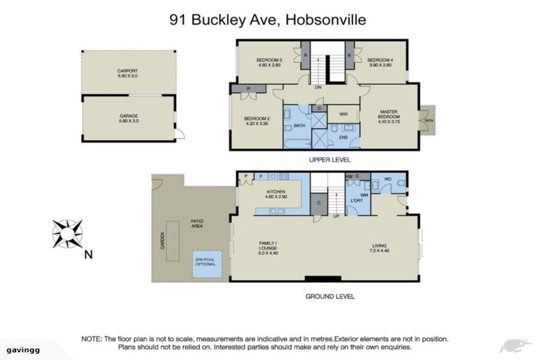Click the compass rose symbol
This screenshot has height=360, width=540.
point(67,234)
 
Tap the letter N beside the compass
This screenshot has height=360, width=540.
point(88,255)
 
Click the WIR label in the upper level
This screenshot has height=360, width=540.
point(344,113)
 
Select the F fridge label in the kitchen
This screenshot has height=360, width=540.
point(261,176)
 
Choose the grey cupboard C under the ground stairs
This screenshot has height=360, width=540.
point(320,203)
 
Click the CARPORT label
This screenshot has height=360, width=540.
point(127,71)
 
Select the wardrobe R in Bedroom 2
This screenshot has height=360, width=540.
point(249,89)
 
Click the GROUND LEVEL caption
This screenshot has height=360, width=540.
point(329,296)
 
